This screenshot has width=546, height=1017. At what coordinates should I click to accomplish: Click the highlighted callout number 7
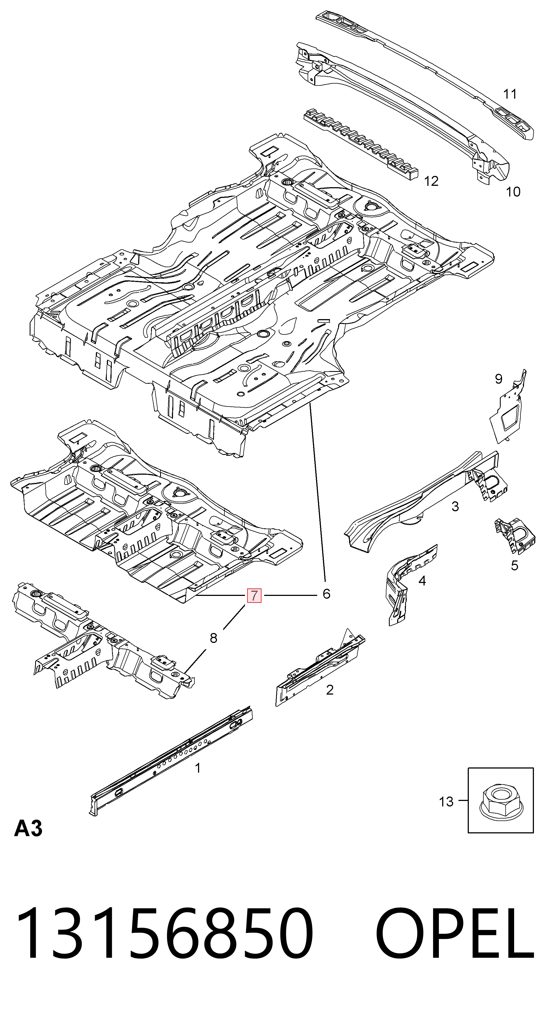point(254,595)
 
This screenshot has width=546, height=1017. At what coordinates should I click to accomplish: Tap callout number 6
point(326,593)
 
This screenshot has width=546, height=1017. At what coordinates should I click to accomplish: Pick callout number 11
point(510,94)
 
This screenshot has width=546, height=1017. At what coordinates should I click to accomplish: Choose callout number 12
point(431,181)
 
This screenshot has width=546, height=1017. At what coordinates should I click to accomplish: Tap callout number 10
point(513,192)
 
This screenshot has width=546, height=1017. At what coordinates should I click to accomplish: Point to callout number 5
point(514,566)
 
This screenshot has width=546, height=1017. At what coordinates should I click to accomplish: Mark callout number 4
point(422,581)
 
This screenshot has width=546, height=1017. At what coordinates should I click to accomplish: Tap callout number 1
point(198,768)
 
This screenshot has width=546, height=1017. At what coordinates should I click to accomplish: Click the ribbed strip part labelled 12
point(361,145)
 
